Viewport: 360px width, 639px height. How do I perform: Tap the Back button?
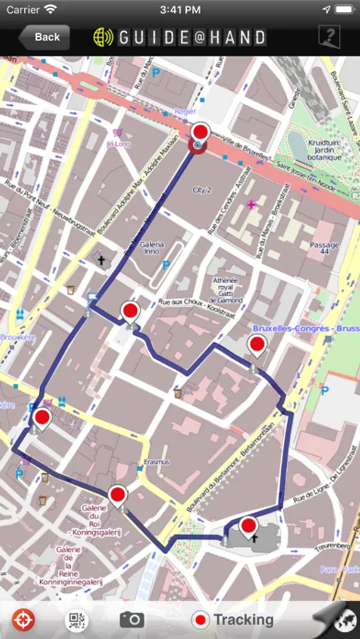[x=44, y=37]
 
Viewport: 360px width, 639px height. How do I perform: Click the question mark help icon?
[x=329, y=37]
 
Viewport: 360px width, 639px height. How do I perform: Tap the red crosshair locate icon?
[x=23, y=620]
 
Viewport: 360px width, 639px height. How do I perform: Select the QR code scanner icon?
[x=77, y=620]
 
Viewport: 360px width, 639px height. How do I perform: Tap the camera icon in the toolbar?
[x=131, y=620]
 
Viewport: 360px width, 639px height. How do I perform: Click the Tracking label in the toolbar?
[x=244, y=620]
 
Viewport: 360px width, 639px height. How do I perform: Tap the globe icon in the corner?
[x=347, y=621]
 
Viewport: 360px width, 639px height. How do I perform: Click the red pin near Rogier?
[x=200, y=133]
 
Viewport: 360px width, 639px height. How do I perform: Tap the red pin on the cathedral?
[x=249, y=527]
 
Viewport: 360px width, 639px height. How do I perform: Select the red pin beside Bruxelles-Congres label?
[x=256, y=346]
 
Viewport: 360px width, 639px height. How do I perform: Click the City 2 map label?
[x=203, y=190]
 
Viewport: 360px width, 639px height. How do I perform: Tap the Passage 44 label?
[x=324, y=248]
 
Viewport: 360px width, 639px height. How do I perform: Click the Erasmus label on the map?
[x=157, y=462]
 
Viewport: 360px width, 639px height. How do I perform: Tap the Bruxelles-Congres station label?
[x=305, y=329]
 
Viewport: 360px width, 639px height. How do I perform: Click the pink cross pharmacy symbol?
[x=251, y=204]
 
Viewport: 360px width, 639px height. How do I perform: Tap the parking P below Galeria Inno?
[x=166, y=266]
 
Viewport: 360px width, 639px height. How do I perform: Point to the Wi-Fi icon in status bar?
[x=50, y=9]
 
